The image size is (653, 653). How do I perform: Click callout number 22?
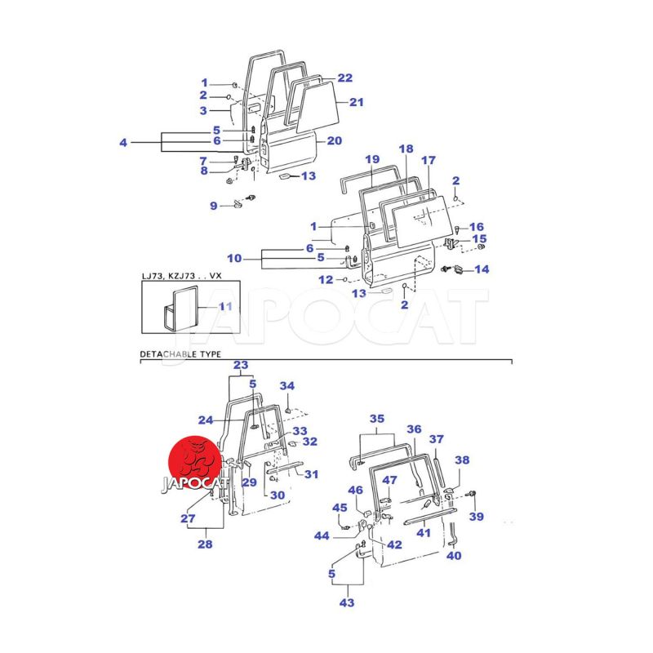point(344,78)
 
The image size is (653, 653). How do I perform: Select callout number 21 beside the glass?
point(356,102)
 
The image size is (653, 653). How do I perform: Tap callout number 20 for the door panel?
point(334,140)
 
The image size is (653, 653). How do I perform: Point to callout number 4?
point(123,143)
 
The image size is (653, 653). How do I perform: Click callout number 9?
point(213,206)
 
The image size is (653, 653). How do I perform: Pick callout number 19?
point(372,159)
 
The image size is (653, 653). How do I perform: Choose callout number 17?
point(428,160)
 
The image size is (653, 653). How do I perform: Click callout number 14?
point(482,269)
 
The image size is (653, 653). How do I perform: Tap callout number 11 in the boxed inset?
point(225,307)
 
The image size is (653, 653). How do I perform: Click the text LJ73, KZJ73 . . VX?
point(181,276)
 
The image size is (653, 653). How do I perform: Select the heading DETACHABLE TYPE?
point(180,354)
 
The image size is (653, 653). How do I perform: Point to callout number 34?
point(287,386)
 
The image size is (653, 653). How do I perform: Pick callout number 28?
point(205,544)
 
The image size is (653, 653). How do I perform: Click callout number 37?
point(437,439)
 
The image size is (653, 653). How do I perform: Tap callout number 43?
point(347,602)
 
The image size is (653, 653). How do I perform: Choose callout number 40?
point(454,556)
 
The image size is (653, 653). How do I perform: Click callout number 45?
point(340,508)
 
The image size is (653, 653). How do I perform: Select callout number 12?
point(326,280)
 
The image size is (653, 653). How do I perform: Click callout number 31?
point(311,474)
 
